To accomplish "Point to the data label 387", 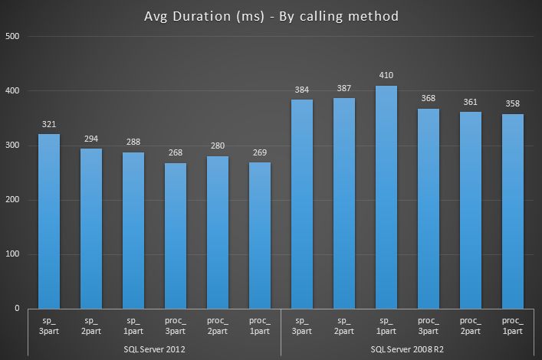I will coord(344,90).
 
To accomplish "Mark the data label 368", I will coord(429,100).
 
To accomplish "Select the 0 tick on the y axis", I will coord(18,309).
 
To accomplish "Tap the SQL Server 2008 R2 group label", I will coord(407,349).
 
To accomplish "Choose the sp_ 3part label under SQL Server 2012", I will coord(49,326).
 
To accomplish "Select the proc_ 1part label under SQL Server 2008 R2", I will coord(513,326).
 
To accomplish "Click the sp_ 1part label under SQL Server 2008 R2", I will coord(386,326).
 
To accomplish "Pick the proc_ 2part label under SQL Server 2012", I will coord(218,326).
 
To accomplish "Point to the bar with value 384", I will coord(302,204).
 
